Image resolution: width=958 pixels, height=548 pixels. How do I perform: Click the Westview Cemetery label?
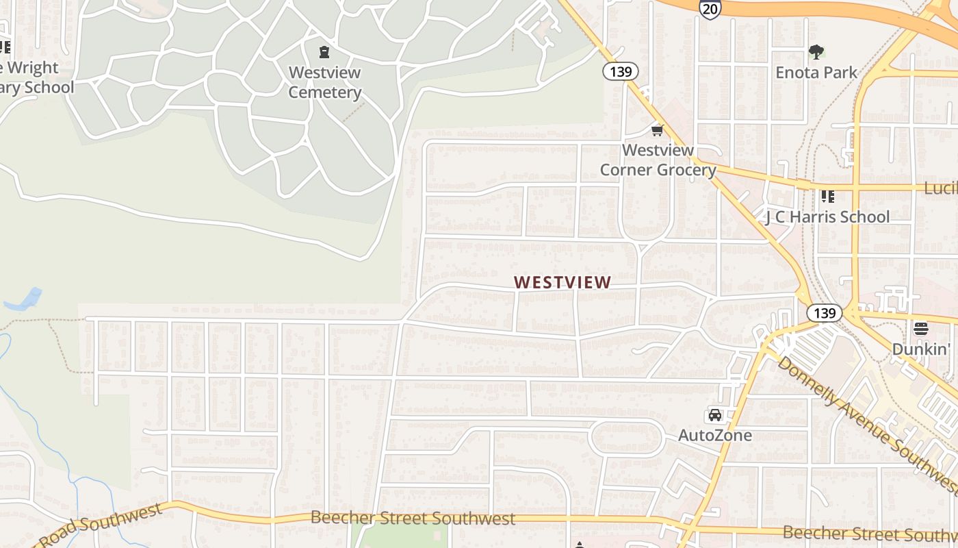coord(324,82)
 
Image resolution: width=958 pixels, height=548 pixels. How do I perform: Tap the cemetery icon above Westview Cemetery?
coord(324,52)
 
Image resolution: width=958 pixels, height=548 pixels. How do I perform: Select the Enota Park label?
coord(816,72)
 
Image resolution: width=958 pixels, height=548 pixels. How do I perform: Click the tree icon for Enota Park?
coord(816,51)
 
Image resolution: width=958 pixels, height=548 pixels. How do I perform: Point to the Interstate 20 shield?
coord(710,8)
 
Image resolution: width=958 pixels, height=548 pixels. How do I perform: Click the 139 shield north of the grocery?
coord(621,71)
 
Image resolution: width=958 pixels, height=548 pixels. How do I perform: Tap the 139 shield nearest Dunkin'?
coord(824,313)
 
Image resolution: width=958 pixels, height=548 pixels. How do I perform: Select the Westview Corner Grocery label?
coord(658,160)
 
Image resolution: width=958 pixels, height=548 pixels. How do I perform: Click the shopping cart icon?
coord(658,130)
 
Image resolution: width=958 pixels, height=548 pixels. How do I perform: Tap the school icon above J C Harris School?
coord(827,197)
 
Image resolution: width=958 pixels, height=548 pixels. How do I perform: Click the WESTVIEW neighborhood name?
coord(562,282)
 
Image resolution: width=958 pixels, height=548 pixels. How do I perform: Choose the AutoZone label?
coord(714,435)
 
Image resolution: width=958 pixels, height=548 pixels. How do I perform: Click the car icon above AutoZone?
coord(714,415)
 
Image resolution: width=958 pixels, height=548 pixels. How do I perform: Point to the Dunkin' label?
coord(921,349)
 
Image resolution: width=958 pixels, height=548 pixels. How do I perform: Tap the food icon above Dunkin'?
coord(921,329)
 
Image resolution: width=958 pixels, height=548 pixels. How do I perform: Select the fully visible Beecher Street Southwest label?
coord(413,518)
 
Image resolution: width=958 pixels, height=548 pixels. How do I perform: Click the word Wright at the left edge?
coord(33,68)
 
